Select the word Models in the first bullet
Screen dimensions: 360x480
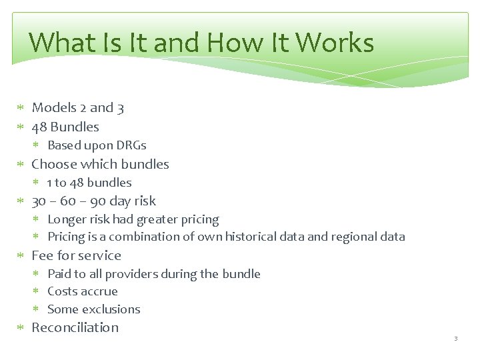click(x=53, y=107)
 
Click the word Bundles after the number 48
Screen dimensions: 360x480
click(x=75, y=127)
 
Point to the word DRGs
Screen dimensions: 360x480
click(x=131, y=145)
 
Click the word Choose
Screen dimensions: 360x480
click(x=54, y=164)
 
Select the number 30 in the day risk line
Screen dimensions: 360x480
click(x=39, y=201)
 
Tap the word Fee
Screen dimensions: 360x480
click(x=42, y=255)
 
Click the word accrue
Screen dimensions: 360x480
click(x=101, y=292)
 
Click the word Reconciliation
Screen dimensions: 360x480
click(x=75, y=327)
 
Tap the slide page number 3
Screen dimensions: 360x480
click(x=456, y=339)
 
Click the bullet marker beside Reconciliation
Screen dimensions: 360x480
click(x=21, y=328)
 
